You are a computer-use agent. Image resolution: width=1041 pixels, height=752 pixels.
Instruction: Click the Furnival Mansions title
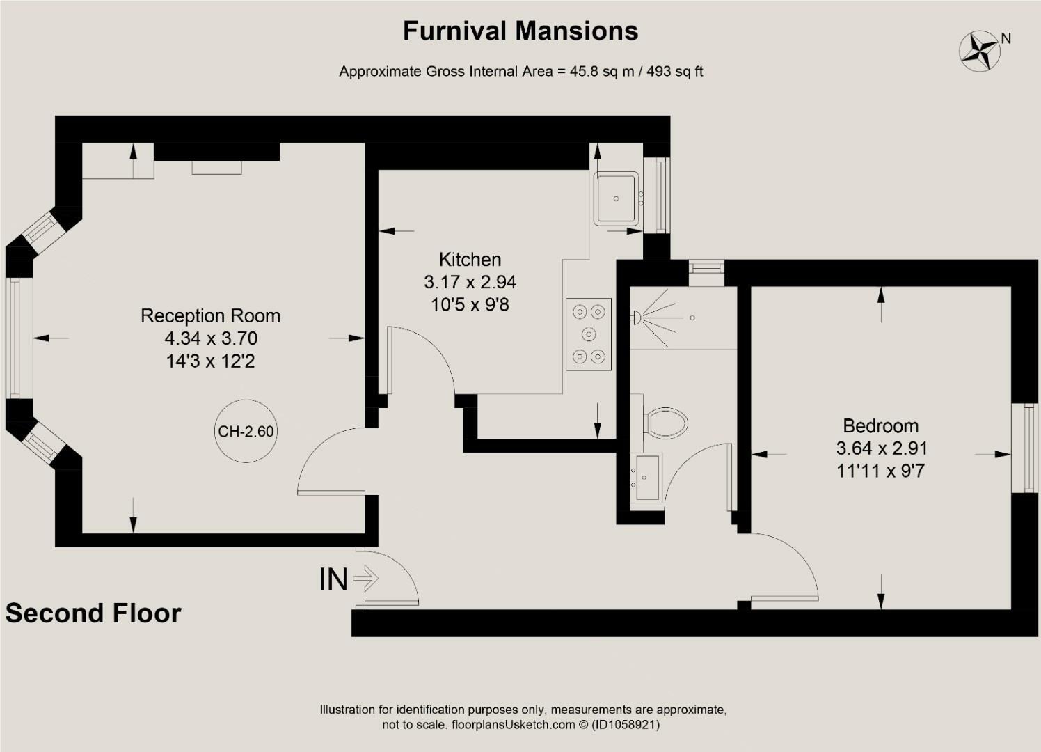[x=520, y=31]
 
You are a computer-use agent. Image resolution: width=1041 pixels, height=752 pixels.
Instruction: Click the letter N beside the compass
[x=1006, y=38]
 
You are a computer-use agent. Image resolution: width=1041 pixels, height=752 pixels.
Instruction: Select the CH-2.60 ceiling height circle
[x=246, y=431]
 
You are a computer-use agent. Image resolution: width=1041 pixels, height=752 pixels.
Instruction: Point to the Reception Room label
[x=211, y=316]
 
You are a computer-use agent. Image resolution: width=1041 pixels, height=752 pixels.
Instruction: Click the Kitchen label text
[x=470, y=260]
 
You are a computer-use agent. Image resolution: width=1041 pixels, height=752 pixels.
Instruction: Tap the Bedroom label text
[x=881, y=426]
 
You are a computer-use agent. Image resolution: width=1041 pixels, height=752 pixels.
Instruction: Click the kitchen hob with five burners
[x=589, y=334]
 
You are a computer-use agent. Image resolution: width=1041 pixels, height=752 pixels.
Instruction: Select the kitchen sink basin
[x=617, y=198]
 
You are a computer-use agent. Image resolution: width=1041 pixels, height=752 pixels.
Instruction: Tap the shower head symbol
[x=635, y=318]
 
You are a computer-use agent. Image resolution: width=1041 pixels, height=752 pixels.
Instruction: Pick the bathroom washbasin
[x=647, y=477]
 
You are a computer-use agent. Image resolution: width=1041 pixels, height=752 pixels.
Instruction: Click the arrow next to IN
[x=365, y=579]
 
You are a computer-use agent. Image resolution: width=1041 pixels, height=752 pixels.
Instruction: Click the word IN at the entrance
[x=333, y=580]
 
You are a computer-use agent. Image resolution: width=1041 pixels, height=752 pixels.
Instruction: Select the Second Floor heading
[x=93, y=613]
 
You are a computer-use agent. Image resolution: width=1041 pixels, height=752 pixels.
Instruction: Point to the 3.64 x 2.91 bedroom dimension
[x=882, y=448]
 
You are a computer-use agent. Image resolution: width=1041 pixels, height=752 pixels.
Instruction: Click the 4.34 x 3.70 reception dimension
[x=211, y=338]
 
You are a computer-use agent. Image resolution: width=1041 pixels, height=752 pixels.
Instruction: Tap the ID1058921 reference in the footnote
[x=626, y=725]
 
